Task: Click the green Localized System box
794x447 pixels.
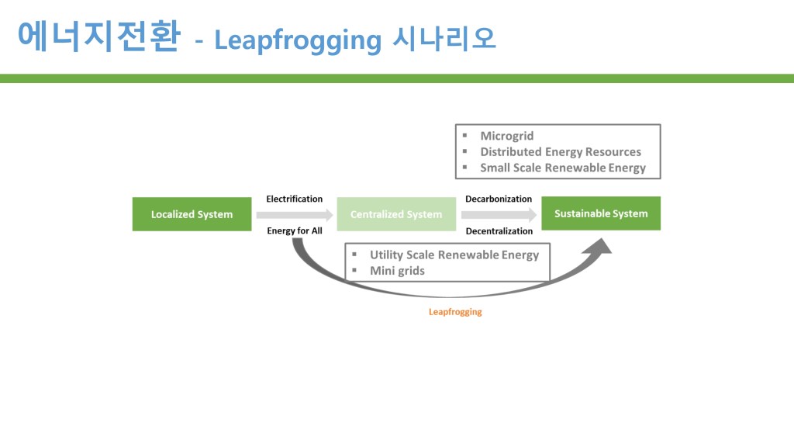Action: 192,214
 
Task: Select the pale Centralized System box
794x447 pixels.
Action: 395,214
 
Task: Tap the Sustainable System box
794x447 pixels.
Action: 601,213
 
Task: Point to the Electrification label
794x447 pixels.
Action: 294,199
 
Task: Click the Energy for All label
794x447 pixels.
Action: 294,230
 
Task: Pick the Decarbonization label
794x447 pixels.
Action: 499,199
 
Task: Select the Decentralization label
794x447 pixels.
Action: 499,230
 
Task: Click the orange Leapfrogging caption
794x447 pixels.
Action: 455,311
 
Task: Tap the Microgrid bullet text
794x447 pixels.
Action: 506,136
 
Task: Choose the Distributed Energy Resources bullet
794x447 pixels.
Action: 560,151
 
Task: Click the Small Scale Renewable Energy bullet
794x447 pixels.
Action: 562,168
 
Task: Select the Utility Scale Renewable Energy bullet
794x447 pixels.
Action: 454,255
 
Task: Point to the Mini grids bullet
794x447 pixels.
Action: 397,271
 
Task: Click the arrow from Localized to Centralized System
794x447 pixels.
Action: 294,214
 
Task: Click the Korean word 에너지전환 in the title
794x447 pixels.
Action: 98,36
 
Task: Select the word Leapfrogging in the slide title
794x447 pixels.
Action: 297,40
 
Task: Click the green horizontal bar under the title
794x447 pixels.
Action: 397,78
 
